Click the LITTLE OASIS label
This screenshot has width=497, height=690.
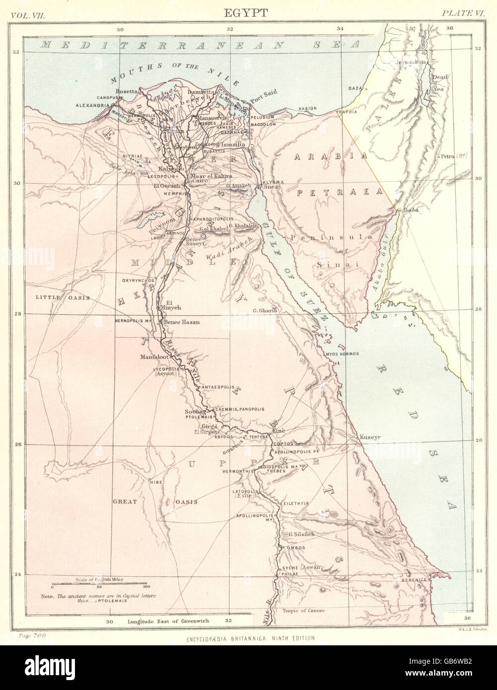coord(62,297)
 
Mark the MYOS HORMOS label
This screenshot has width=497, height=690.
coord(342,354)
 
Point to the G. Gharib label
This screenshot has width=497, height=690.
coord(264,311)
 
